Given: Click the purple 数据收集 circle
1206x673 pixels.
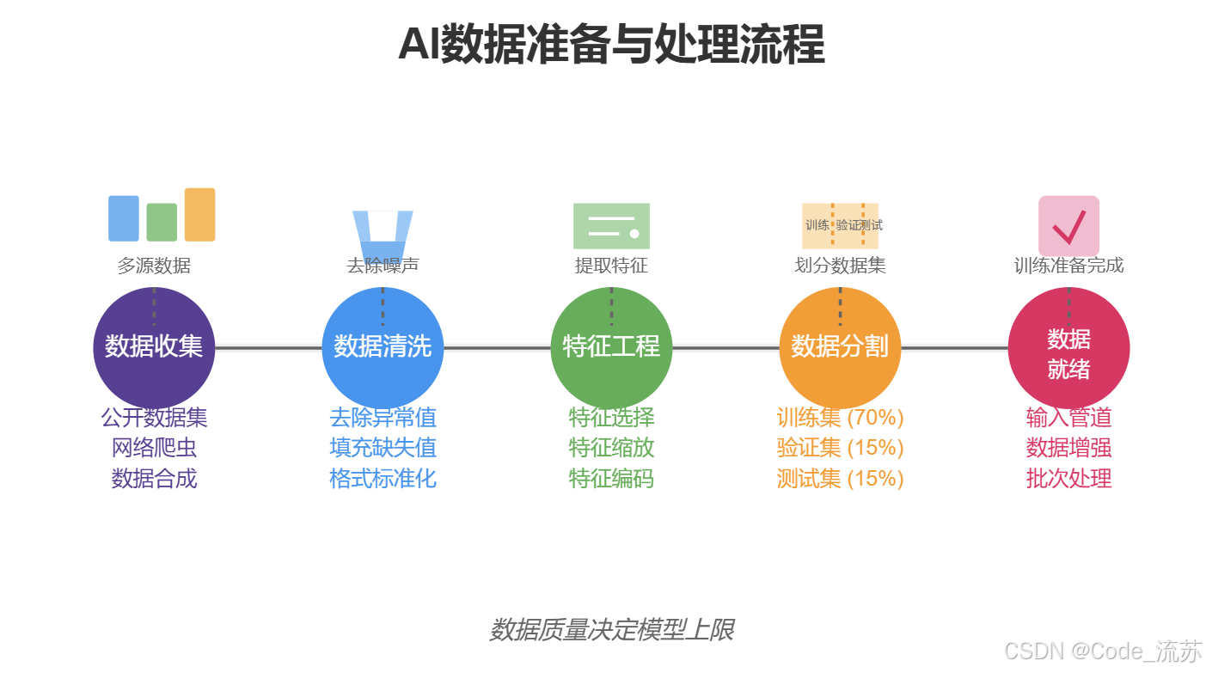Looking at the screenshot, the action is [154, 348].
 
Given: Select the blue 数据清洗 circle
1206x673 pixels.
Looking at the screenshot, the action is [383, 348].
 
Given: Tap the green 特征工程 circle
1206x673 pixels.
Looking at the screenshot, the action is [611, 348].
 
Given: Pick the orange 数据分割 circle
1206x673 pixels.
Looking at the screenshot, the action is [840, 348].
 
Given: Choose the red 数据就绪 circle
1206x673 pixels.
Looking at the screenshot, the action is [1068, 348].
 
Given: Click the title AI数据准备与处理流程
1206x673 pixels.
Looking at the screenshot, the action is [611, 45].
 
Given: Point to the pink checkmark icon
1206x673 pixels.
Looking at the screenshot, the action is [1068, 226].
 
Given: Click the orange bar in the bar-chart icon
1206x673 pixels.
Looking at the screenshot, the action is [199, 215].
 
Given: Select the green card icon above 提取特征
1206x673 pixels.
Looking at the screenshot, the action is [611, 226].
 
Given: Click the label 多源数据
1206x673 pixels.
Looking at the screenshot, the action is [154, 266].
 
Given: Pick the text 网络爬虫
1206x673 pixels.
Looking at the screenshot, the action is [154, 448].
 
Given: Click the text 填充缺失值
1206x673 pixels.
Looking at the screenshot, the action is [383, 448].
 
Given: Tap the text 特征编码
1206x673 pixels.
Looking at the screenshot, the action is [611, 478].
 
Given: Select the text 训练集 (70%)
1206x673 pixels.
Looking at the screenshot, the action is [840, 418].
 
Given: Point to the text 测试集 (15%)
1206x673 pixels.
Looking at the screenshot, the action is [840, 478].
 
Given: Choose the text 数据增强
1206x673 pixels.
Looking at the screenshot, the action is [1068, 448].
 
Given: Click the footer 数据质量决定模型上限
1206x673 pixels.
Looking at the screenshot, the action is [611, 630].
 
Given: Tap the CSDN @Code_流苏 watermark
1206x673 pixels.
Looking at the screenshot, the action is [1103, 652].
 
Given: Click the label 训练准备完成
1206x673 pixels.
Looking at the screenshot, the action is [1068, 266].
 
